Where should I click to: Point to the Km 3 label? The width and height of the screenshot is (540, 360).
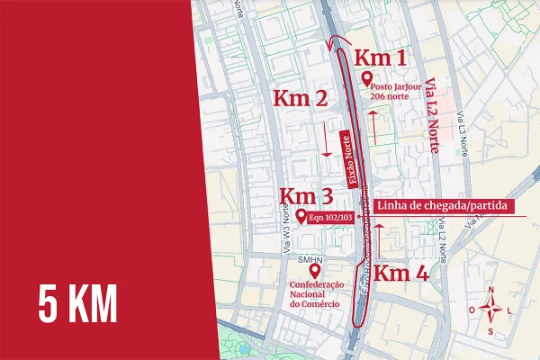[x=306, y=196]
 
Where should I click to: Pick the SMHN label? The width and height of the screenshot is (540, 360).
[x=310, y=260]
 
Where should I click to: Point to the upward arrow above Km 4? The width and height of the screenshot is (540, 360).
[x=380, y=241]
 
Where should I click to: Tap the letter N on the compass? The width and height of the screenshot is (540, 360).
[x=491, y=289]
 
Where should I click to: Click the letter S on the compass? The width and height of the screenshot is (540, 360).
[x=490, y=330]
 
